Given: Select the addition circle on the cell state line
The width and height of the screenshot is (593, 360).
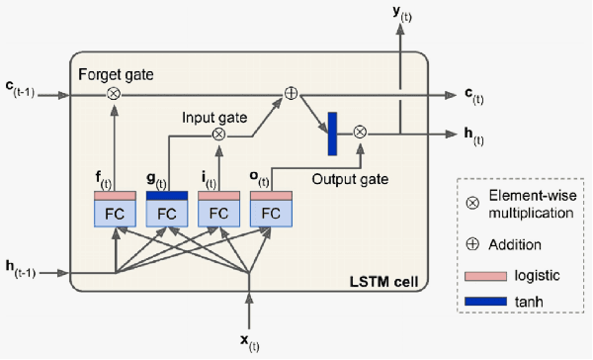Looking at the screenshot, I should pyautogui.click(x=291, y=95).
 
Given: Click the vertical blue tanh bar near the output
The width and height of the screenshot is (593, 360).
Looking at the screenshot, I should pyautogui.click(x=332, y=133).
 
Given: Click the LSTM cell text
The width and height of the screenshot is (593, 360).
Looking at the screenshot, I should pyautogui.click(x=382, y=284).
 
